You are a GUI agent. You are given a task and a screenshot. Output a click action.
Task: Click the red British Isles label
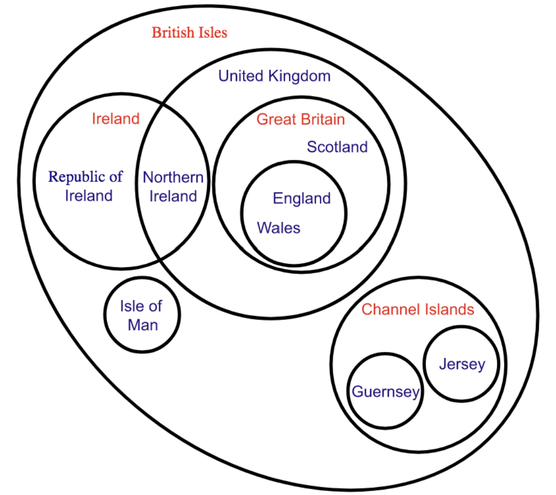(x=189, y=33)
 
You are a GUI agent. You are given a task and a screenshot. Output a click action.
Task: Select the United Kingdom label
(x=274, y=76)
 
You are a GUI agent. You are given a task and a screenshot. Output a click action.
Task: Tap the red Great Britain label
(x=301, y=119)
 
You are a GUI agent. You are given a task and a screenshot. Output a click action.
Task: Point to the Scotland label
(x=337, y=146)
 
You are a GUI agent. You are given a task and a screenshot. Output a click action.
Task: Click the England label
(x=302, y=198)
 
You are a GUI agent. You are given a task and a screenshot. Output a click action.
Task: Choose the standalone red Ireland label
(x=116, y=118)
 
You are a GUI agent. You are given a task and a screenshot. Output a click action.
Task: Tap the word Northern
(x=173, y=177)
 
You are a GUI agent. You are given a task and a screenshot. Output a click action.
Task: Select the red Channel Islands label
(x=417, y=309)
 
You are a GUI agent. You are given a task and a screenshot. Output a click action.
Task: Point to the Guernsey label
(x=385, y=392)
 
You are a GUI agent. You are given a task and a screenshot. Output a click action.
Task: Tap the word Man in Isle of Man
(x=142, y=325)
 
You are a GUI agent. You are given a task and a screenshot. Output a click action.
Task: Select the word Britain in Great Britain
(x=322, y=119)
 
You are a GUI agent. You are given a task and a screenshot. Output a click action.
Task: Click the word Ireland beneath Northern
(x=173, y=196)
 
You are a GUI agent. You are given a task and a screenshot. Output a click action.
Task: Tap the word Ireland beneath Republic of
(x=89, y=196)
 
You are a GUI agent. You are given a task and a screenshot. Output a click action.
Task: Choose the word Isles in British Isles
(x=210, y=33)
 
